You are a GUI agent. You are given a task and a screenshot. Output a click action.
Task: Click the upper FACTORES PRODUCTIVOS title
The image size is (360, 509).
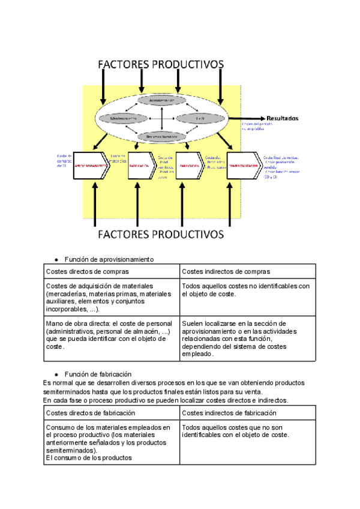point(161,64)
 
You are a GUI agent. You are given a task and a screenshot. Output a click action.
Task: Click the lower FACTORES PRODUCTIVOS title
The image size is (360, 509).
point(161,233)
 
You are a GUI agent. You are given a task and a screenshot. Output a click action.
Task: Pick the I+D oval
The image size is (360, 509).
point(199,118)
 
